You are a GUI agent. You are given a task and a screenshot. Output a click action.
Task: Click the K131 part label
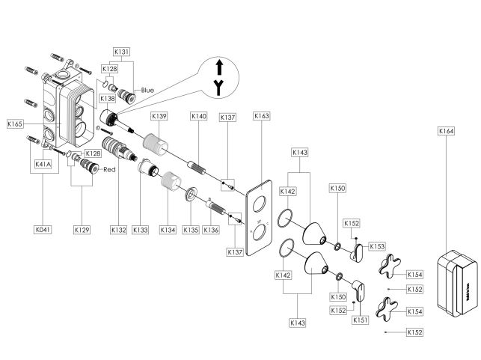coord(121,52)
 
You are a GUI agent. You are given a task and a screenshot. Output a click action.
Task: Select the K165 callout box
coord(15,124)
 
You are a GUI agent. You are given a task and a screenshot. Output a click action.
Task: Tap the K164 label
coord(446,131)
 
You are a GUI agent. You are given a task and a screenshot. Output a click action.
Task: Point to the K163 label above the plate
coord(262,116)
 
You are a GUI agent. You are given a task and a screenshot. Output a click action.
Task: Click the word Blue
coord(147,91)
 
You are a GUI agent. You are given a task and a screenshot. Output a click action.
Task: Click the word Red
coord(109,169)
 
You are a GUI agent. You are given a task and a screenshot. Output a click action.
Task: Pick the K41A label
coord(43,164)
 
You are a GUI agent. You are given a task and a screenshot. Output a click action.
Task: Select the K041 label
coord(43,230)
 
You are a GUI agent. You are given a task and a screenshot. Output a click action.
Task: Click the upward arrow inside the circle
coord(219,67)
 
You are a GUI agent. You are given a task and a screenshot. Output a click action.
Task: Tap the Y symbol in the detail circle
coord(218,88)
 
